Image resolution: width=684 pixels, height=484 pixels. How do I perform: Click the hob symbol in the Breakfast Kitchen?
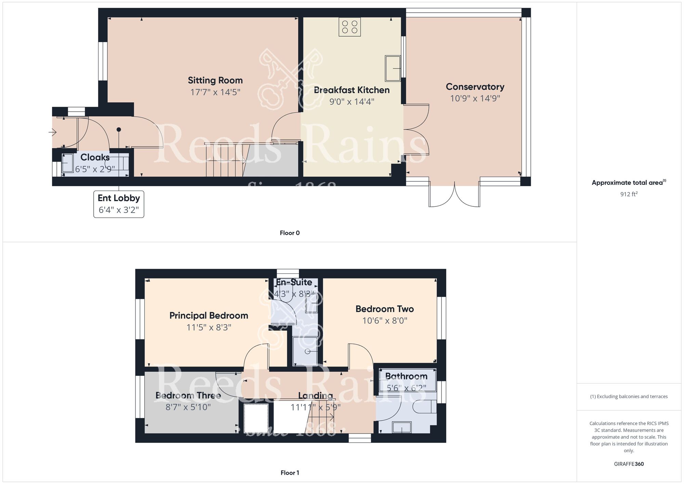click(350, 27)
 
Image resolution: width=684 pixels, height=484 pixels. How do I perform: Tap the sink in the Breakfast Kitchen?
click(393, 68)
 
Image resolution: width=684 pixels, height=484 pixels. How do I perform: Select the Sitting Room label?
click(215, 80)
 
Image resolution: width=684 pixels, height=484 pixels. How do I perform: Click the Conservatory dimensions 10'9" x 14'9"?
click(475, 99)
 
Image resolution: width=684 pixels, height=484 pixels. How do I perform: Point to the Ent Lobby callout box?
click(119, 204)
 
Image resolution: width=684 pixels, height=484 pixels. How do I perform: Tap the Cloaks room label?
click(95, 157)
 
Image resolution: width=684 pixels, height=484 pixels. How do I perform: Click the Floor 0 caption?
click(289, 233)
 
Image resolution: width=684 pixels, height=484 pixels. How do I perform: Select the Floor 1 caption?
click(289, 473)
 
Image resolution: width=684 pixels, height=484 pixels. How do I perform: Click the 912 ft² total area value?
click(629, 194)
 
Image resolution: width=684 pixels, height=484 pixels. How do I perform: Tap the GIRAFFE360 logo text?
click(629, 464)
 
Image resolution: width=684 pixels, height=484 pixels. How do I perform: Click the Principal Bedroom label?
click(209, 316)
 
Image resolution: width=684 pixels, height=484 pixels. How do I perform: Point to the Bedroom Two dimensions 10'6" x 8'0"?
click(384, 321)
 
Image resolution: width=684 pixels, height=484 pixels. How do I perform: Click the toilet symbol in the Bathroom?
click(424, 407)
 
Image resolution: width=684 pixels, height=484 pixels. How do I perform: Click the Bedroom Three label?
click(188, 396)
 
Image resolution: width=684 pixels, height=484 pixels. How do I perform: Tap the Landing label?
click(315, 396)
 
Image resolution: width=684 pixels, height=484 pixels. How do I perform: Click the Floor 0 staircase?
click(226, 160)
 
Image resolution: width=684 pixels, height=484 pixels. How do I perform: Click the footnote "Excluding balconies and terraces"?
click(629, 397)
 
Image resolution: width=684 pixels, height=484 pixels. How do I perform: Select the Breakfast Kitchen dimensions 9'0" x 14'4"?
click(352, 102)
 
